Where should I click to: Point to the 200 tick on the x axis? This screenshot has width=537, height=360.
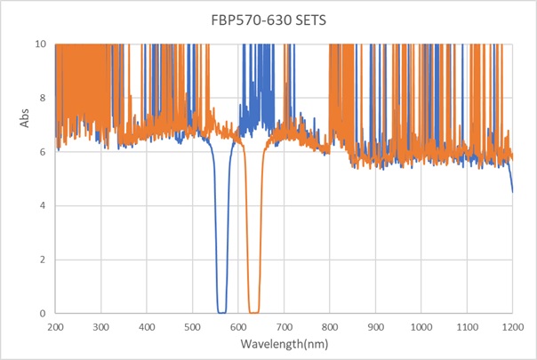click(55, 326)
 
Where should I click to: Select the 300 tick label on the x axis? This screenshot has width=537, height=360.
click(101, 326)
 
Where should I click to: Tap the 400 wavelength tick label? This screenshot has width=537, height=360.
click(147, 326)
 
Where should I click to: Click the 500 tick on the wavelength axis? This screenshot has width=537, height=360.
click(193, 326)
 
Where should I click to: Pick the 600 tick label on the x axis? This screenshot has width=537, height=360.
click(238, 326)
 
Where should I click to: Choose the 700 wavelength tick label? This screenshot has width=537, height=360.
click(285, 326)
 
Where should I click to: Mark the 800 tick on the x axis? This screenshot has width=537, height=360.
click(330, 326)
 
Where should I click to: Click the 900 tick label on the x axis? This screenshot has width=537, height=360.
click(376, 326)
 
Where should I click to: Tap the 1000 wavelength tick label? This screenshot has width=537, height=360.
click(421, 326)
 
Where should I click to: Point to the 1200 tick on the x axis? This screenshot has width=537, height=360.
click(513, 326)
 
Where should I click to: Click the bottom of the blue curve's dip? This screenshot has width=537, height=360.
click(222, 312)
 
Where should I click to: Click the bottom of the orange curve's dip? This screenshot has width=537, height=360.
click(253, 312)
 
